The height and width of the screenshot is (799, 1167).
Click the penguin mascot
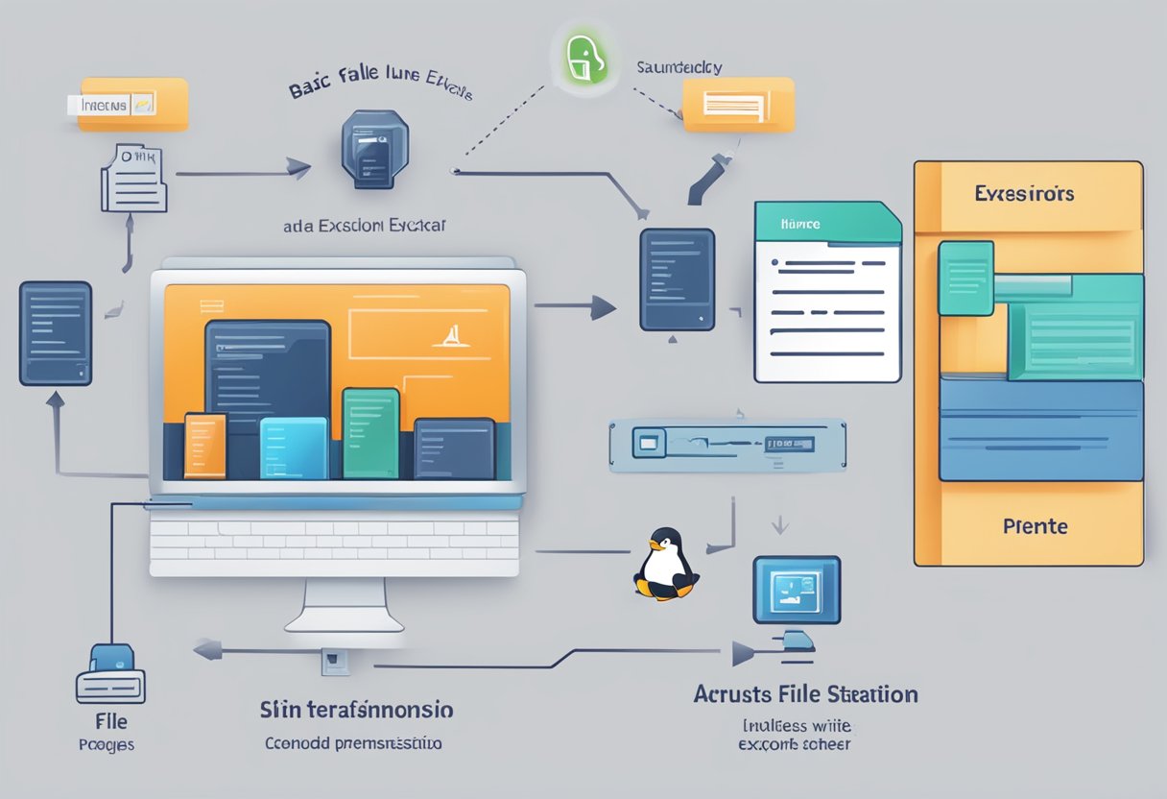coord(664,566)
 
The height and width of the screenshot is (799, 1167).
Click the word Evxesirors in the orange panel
coord(1024,193)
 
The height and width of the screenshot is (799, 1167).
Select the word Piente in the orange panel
coord(1035,526)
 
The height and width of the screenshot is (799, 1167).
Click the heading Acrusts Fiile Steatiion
coord(805,693)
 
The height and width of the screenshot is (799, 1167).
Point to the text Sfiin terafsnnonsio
coord(356,711)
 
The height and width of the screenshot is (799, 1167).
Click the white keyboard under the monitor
coord(334,543)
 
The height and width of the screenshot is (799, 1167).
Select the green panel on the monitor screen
coord(370,433)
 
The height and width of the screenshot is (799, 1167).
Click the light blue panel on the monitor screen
coord(294,448)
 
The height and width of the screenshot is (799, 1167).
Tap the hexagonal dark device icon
coord(372,150)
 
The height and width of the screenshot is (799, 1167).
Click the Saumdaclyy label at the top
coord(679,67)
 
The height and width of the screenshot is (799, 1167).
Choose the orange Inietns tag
coord(132,105)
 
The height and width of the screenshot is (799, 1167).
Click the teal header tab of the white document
coord(827,222)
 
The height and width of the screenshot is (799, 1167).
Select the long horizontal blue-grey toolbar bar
coord(727,445)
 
